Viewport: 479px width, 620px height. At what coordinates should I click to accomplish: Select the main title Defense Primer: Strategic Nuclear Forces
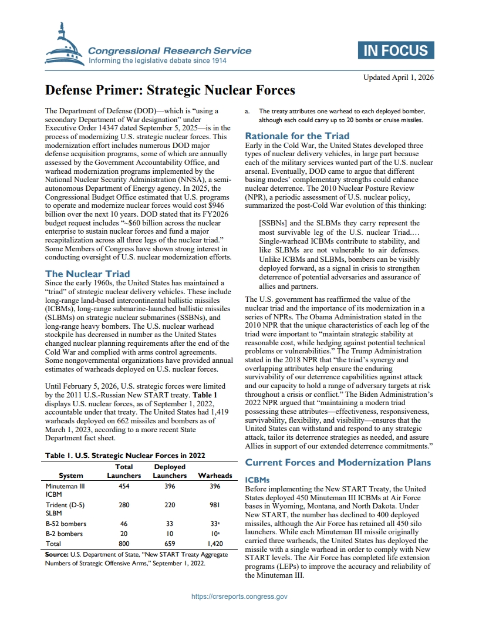pos(170,90)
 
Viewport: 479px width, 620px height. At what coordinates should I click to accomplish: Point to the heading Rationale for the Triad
pos(297,136)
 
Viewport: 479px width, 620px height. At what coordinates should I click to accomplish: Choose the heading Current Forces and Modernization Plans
pos(338,462)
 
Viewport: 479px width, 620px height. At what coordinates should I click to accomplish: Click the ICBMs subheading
pos(256,480)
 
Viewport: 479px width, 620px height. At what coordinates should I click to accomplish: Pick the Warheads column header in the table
pos(215,476)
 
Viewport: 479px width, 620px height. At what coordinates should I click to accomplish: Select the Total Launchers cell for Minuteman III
pos(124,487)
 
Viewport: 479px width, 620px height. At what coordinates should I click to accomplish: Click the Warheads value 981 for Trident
pos(215,504)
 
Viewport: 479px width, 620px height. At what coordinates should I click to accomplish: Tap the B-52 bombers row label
pos(66,524)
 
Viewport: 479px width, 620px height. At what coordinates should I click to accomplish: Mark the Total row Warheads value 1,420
pos(215,544)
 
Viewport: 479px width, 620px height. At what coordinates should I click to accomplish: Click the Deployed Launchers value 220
pos(170,504)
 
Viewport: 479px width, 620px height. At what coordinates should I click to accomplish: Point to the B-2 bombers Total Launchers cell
pos(124,534)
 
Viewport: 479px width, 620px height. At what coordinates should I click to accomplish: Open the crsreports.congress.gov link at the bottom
pos(239,597)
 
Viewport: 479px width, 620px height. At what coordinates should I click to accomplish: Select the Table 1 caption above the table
pos(124,455)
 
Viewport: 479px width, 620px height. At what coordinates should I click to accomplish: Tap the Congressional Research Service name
pos(170,51)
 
